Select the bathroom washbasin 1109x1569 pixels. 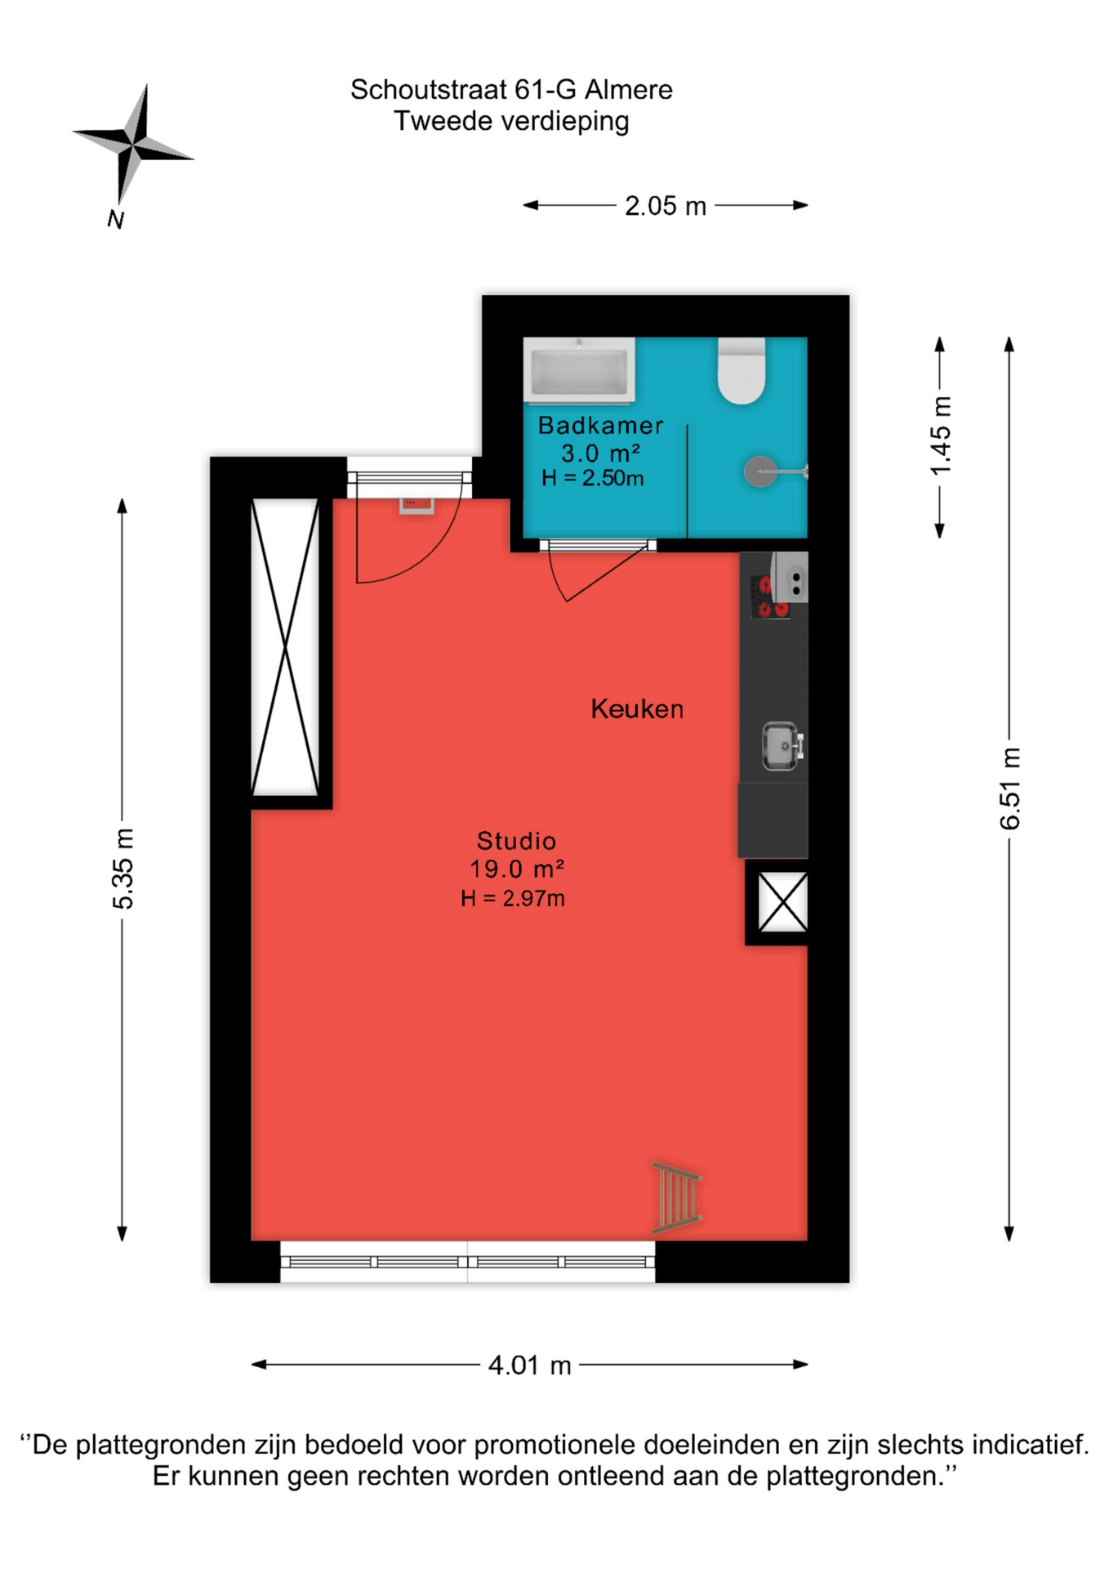tap(579, 369)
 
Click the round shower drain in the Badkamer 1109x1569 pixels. tap(760, 472)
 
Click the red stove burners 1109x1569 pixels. tap(770, 597)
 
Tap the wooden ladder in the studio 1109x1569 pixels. tap(677, 1197)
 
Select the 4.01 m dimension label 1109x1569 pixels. tap(529, 1366)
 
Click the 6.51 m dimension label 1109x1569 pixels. tap(1010, 789)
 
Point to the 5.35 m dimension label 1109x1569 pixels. tap(123, 868)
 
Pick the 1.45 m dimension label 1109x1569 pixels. tap(941, 436)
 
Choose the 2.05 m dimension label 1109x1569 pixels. tap(666, 206)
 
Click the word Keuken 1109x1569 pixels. tap(637, 709)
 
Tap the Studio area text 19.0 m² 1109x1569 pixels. tap(517, 869)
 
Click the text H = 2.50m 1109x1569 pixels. tap(593, 478)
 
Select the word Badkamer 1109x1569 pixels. tap(600, 425)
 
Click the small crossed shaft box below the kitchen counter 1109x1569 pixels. tap(783, 902)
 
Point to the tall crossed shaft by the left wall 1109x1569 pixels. tap(285, 647)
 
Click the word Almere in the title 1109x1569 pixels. tap(629, 89)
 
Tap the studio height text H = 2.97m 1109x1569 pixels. tap(513, 899)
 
